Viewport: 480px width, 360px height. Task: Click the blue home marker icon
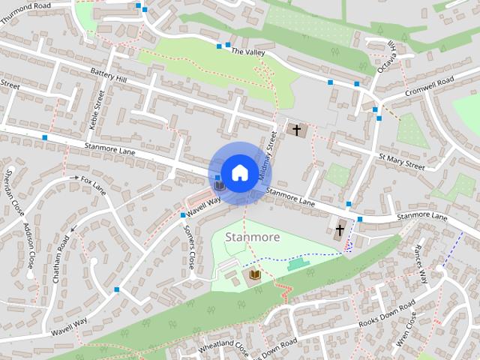(239, 172)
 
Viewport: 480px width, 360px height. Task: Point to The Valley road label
(248, 52)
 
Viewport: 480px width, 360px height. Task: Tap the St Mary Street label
(402, 161)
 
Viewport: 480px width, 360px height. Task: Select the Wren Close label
(407, 331)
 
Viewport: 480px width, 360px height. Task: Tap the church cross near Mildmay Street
(297, 130)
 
